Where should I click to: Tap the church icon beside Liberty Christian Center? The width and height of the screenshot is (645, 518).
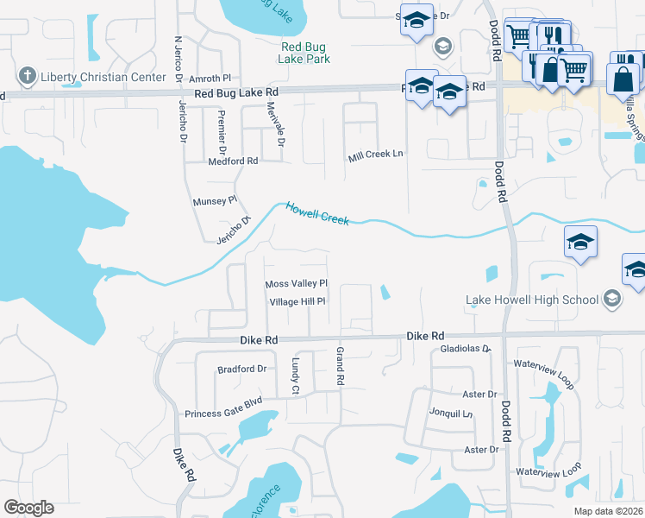[x=28, y=77]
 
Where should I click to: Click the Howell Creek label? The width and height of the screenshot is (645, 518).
[x=317, y=214]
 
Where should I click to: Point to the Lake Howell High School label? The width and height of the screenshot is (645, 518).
[x=531, y=300]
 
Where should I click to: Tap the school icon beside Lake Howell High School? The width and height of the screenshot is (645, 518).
[x=611, y=300]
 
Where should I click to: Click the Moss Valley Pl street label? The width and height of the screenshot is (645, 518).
[x=297, y=284]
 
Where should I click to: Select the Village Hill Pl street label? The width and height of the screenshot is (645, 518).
[x=297, y=302]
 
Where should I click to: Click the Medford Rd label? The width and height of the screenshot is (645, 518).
[x=233, y=161]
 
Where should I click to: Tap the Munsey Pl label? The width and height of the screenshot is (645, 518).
[x=215, y=201]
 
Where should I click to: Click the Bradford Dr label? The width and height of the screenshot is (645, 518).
[x=241, y=369]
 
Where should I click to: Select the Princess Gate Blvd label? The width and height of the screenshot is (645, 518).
[x=222, y=402]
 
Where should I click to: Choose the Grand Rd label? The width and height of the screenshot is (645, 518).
[x=341, y=366]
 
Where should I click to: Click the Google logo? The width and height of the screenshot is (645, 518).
[x=28, y=508]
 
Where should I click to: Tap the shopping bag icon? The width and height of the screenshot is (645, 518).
[x=623, y=79]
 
